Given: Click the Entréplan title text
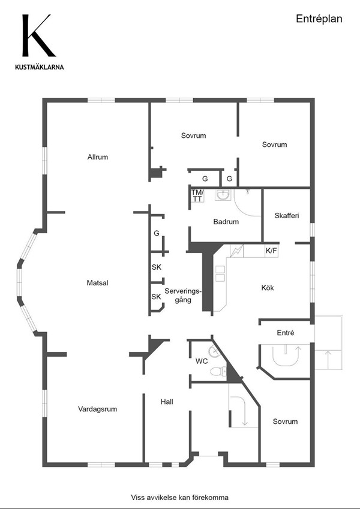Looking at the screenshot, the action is coord(319,19).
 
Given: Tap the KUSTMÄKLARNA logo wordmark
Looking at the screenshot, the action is coord(40,67).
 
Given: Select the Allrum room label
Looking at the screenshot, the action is coord(97,157).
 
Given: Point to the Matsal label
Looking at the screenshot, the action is coord(97,283).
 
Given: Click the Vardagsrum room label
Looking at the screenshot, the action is coord(97,409).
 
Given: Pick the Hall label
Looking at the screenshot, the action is coord(167,402).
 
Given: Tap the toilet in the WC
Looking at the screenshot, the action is coord(218,371).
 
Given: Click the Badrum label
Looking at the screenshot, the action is coord(226,222).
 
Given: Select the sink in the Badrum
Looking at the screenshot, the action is coord(223,195).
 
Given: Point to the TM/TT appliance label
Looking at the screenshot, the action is coord(197,195).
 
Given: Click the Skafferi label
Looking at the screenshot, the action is coord(287,216).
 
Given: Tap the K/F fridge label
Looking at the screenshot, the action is coord(271,251).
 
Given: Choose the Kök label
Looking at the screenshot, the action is coord(268,288).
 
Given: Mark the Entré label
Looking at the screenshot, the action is coord(286,333).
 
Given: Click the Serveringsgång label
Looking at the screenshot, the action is coord(183,296).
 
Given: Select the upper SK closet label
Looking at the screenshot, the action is coord(156,267).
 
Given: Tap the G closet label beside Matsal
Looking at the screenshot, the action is coord(157,233).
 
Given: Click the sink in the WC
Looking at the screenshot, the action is coord(214,351).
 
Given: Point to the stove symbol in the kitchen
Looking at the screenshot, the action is coord(236,251).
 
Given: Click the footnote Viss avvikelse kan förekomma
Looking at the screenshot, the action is coord(179,498).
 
